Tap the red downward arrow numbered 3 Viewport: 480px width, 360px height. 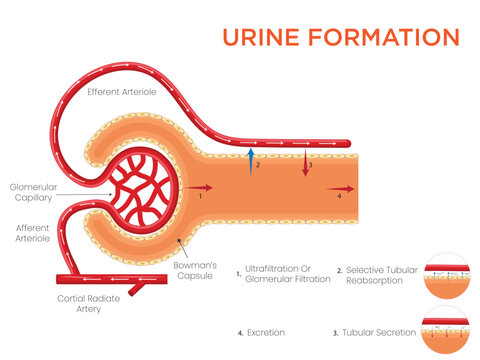pyautogui.click(x=304, y=163)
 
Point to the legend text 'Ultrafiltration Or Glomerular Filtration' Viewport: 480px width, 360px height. pyautogui.click(x=288, y=274)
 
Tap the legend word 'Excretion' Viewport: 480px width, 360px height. pyautogui.click(x=265, y=331)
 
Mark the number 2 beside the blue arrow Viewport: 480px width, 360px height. pyautogui.click(x=257, y=166)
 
